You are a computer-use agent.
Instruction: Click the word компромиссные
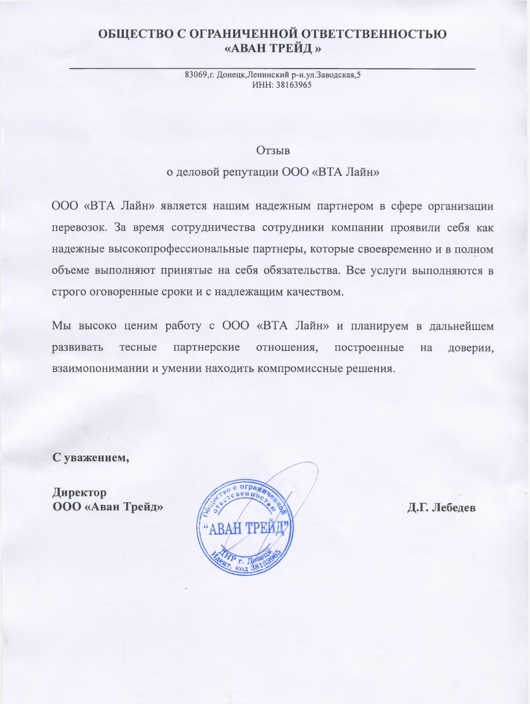click(295, 369)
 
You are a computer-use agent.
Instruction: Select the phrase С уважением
click(90, 457)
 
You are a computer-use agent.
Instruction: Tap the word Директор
click(79, 492)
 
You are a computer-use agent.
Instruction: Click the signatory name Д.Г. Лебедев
click(441, 507)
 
